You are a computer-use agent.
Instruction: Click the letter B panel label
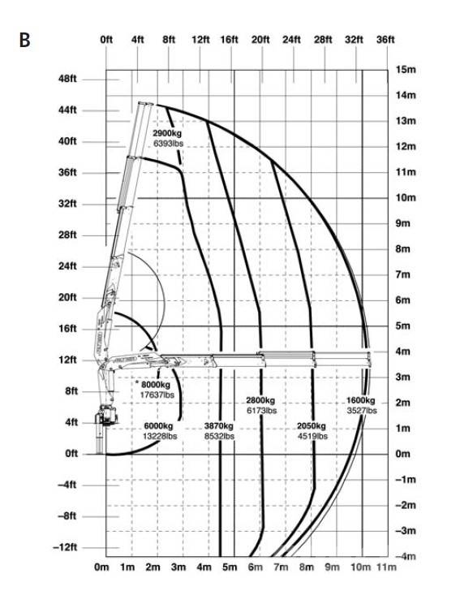click(x=25, y=40)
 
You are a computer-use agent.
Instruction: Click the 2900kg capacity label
click(x=167, y=133)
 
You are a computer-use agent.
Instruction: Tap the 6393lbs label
click(x=169, y=143)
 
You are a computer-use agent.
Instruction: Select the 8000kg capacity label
click(x=156, y=385)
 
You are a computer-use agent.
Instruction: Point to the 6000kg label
click(x=159, y=426)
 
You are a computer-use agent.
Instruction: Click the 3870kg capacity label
click(x=219, y=426)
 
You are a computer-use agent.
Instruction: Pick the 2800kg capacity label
click(x=260, y=400)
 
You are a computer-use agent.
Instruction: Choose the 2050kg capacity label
click(x=312, y=426)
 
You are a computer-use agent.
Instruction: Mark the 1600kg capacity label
click(x=361, y=400)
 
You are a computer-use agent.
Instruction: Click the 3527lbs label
click(x=362, y=411)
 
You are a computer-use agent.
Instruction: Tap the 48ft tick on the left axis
click(x=67, y=80)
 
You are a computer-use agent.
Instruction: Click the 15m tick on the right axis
click(x=406, y=69)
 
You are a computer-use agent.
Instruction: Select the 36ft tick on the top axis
click(x=385, y=40)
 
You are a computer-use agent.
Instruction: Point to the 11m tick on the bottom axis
click(x=386, y=567)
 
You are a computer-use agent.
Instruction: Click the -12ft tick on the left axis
click(x=65, y=547)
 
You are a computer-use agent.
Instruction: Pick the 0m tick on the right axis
click(x=402, y=454)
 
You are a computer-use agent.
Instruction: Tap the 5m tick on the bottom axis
click(x=230, y=567)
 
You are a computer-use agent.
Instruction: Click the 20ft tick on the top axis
click(x=260, y=40)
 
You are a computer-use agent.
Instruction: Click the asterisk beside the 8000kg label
click(x=137, y=383)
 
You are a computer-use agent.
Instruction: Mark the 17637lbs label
click(x=157, y=395)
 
